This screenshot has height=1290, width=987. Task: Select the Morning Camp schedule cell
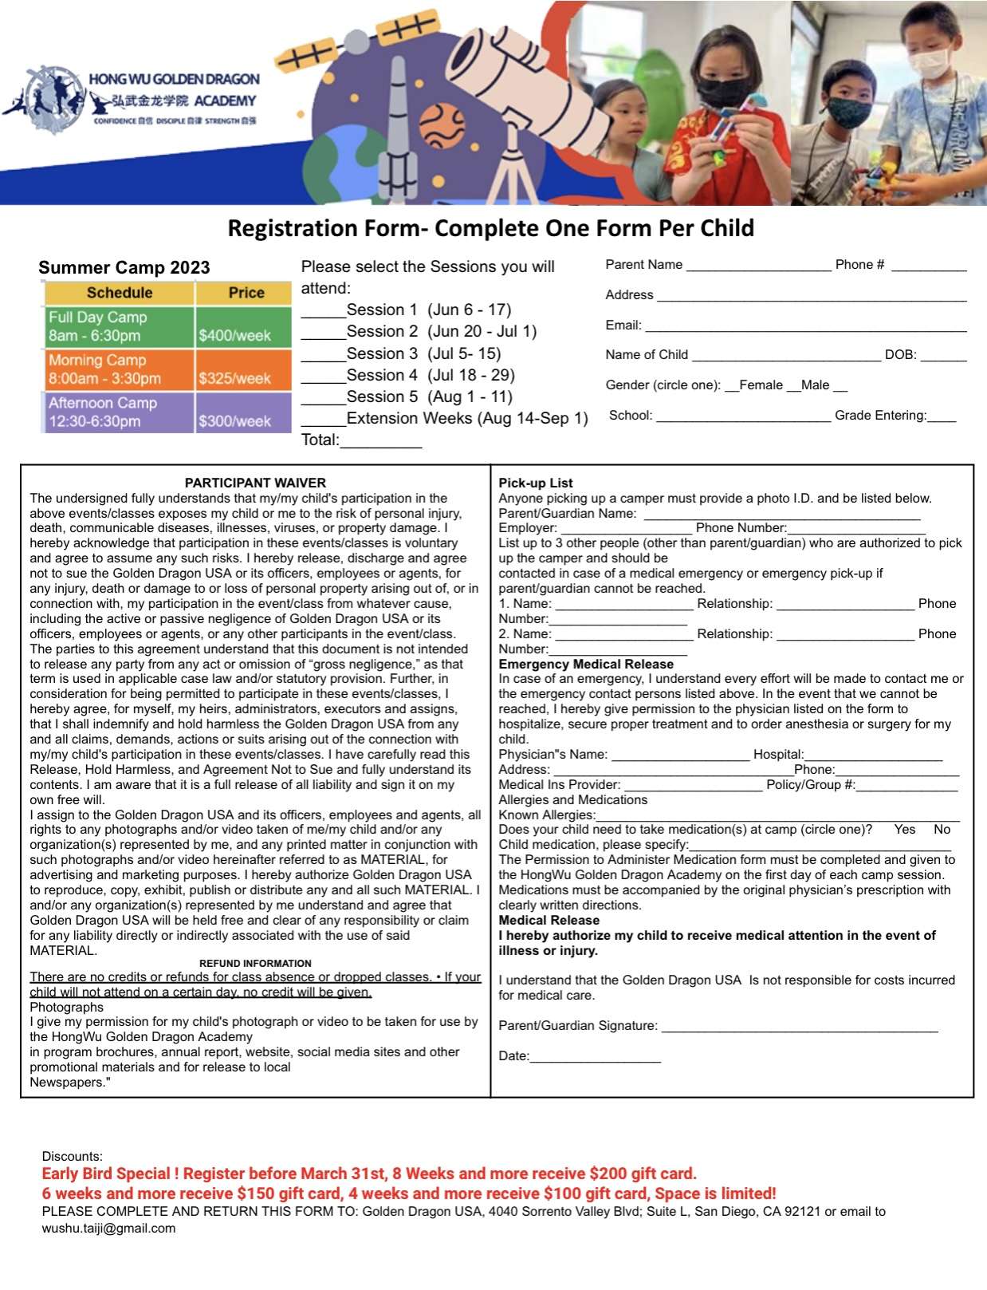click(x=119, y=369)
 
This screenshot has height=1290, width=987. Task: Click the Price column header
click(x=246, y=293)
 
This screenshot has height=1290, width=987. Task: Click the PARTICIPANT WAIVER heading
click(x=255, y=483)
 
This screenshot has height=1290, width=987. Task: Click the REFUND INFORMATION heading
click(x=255, y=963)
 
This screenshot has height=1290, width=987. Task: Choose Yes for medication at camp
click(x=905, y=830)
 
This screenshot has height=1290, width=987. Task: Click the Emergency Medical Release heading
click(x=586, y=664)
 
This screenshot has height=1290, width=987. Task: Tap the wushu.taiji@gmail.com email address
click(x=108, y=1229)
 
